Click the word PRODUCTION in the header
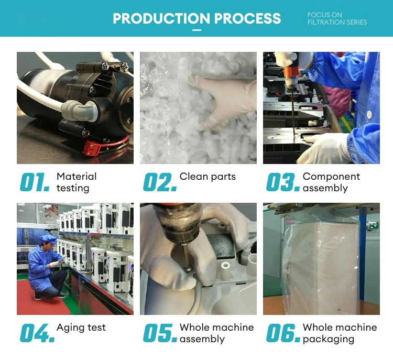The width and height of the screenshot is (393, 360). coord(161,18)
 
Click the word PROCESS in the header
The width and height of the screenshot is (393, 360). coord(248,18)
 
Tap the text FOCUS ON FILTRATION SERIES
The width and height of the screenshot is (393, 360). coord(337,18)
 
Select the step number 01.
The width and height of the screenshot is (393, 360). coord(35,182)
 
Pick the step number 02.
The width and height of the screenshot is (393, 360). coord(160,182)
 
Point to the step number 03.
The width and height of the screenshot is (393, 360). coord(283,182)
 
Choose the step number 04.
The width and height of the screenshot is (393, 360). coord(37,333)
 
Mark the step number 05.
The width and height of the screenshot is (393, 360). coord(160,333)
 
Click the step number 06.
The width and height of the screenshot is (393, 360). coord(283,333)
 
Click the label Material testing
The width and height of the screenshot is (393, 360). coord(77,182)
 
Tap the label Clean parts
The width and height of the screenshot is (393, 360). coord(208,177)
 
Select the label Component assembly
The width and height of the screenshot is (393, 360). coord(331,182)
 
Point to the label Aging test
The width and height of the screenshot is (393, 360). coord(81,328)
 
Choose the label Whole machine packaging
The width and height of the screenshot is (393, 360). coord(340,333)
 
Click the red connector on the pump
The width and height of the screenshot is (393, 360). coord(91,147)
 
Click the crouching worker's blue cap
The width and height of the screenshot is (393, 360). coord(48,239)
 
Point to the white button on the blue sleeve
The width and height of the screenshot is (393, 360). coord(369,115)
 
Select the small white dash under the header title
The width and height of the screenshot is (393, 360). coord(196,30)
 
